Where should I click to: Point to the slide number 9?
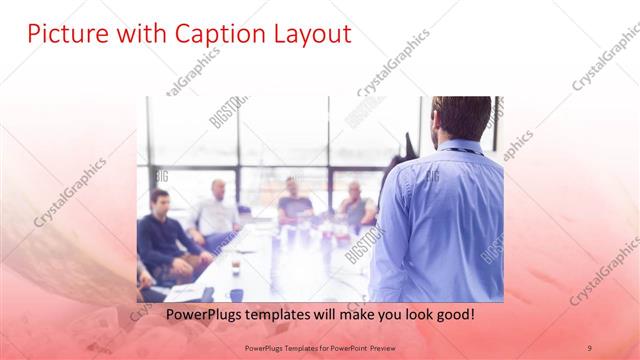tap(589, 346)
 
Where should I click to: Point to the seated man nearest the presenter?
tap(354, 204)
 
